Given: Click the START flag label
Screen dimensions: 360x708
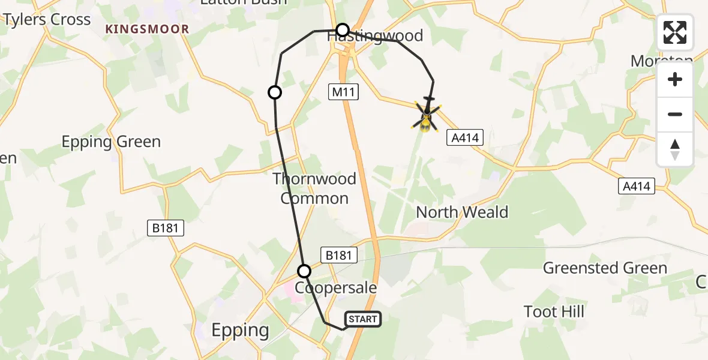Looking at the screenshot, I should click(363, 319).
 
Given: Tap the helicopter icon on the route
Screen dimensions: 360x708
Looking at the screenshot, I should click(426, 115).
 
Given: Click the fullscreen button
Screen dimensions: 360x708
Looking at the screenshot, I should click(675, 32).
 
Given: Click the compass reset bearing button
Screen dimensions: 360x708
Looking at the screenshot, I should click(675, 149).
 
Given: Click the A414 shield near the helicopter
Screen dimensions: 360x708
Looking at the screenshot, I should click(465, 138).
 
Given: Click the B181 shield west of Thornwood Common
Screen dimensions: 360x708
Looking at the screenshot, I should click(166, 228).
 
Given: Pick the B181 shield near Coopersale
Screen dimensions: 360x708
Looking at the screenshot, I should click(339, 255).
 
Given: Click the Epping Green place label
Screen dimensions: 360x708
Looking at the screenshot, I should click(112, 142).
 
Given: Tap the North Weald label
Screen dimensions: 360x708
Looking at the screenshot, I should click(462, 212).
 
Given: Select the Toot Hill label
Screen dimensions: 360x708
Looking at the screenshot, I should click(554, 311).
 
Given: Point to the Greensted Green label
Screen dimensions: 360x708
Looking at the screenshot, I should click(605, 268).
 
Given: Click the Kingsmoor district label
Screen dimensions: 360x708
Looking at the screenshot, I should click(148, 29).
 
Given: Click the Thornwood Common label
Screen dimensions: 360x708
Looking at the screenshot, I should click(314, 188).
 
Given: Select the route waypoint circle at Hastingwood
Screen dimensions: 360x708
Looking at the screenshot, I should click(342, 30).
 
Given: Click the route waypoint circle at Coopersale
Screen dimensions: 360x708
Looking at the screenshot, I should click(305, 271).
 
